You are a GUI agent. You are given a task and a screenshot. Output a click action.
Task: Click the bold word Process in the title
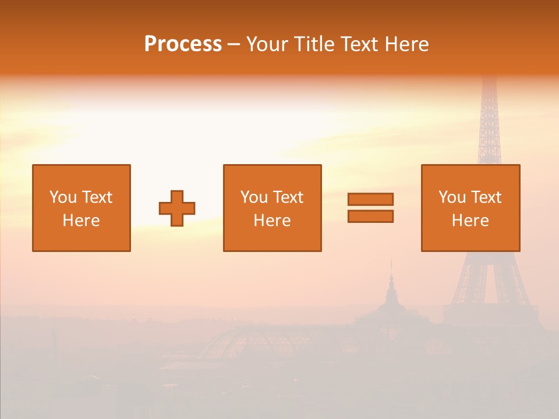tap(183, 44)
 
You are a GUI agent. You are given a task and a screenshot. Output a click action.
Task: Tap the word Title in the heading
tap(315, 44)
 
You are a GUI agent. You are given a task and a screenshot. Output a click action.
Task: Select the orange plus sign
tap(177, 208)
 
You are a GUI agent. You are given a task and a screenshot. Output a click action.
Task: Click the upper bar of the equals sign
tap(370, 199)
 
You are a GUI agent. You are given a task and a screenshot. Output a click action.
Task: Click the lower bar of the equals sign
tap(370, 216)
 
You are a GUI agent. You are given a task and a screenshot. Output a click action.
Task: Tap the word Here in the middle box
tap(272, 221)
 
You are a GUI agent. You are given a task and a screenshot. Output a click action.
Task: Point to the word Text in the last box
tap(486, 197)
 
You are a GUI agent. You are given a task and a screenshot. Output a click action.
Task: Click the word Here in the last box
tap(470, 221)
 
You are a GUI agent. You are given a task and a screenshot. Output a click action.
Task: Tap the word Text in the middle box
tap(288, 197)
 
